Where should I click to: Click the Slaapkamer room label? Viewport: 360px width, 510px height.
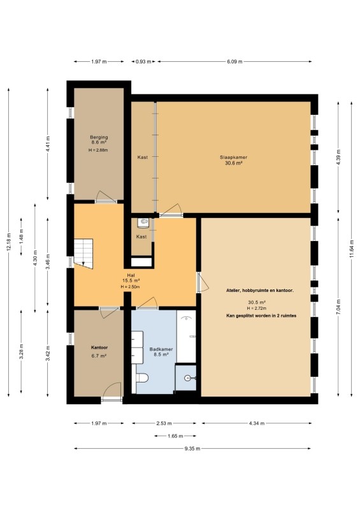pyautogui.click(x=233, y=157)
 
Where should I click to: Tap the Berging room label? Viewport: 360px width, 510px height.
pyautogui.click(x=99, y=137)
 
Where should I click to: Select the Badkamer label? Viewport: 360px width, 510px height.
pyautogui.click(x=161, y=349)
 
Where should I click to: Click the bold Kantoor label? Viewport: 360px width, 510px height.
pyautogui.click(x=99, y=347)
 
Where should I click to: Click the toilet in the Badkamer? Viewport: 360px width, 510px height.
pyautogui.click(x=142, y=377)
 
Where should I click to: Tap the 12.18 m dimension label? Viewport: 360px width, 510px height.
pyautogui.click(x=9, y=242)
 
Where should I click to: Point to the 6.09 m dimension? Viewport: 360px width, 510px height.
pyautogui.click(x=234, y=61)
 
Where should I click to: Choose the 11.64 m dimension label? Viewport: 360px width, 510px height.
pyautogui.click(x=352, y=249)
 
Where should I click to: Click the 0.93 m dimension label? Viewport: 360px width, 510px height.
pyautogui.click(x=143, y=61)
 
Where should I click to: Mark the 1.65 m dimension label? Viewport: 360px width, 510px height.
pyautogui.click(x=175, y=436)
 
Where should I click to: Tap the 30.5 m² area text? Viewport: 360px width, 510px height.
pyautogui.click(x=257, y=302)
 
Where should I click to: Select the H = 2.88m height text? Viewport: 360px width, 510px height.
pyautogui.click(x=98, y=150)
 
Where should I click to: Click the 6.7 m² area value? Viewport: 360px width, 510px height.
pyautogui.click(x=99, y=356)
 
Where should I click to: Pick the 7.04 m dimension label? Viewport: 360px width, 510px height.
pyautogui.click(x=338, y=307)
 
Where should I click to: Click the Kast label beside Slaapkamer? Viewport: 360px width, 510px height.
pyautogui.click(x=143, y=157)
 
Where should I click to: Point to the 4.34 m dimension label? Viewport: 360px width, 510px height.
pyautogui.click(x=257, y=423)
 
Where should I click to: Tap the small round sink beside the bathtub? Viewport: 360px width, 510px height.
pyautogui.click(x=187, y=378)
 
